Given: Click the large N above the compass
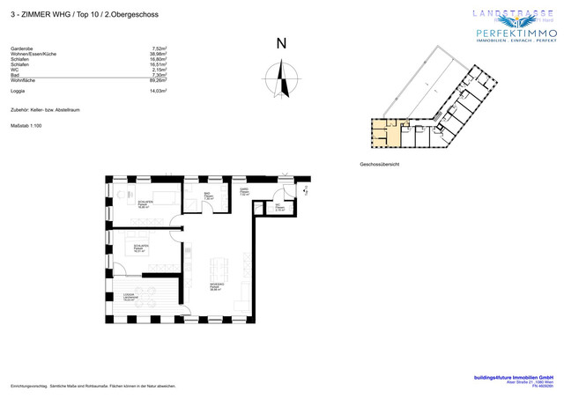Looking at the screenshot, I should click(x=282, y=44).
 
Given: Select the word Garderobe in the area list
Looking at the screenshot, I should click(x=24, y=48).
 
